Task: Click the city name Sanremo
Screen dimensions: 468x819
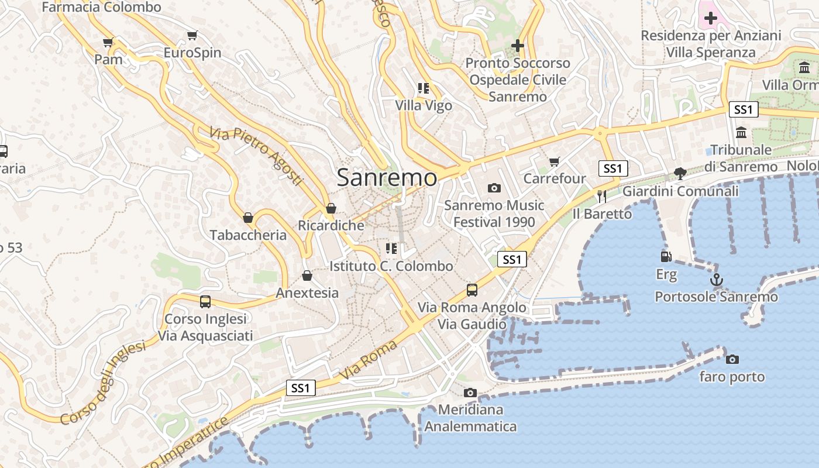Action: click(387, 177)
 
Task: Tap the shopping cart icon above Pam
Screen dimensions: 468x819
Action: click(108, 42)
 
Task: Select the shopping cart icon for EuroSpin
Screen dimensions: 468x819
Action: click(192, 36)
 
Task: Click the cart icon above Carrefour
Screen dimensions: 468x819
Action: click(554, 161)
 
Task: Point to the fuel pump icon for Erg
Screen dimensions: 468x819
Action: click(666, 256)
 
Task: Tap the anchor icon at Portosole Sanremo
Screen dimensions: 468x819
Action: click(716, 280)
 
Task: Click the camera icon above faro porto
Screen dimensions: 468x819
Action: click(732, 359)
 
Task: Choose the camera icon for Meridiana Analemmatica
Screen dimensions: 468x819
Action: click(470, 393)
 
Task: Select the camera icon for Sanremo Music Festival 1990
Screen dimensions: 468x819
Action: click(494, 188)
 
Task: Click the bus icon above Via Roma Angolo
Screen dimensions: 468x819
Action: click(472, 290)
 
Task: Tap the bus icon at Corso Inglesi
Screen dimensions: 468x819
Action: click(205, 302)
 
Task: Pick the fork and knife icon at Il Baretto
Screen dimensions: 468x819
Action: click(601, 196)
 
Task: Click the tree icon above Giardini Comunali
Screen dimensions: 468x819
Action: click(680, 173)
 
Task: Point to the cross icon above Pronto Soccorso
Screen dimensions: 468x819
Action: click(517, 45)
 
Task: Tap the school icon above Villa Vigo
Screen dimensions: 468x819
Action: click(424, 88)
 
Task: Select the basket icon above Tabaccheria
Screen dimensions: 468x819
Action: click(248, 218)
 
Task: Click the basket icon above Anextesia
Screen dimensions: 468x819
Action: click(307, 276)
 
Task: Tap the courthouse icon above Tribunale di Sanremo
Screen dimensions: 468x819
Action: click(741, 132)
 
